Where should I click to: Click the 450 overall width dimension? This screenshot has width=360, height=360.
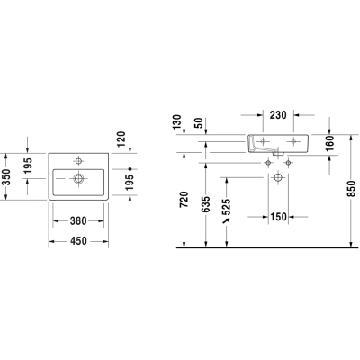(x=78, y=241)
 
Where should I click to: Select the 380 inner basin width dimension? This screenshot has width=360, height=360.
(x=78, y=221)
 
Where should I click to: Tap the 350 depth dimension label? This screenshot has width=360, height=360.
(x=7, y=177)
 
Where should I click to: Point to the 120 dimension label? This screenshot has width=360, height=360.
(x=121, y=139)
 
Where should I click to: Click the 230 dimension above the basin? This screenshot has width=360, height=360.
(x=278, y=115)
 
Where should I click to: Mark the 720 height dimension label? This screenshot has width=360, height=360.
(x=184, y=200)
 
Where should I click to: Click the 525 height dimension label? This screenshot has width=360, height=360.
(x=227, y=207)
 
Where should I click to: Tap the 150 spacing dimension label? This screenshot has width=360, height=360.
(x=278, y=217)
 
